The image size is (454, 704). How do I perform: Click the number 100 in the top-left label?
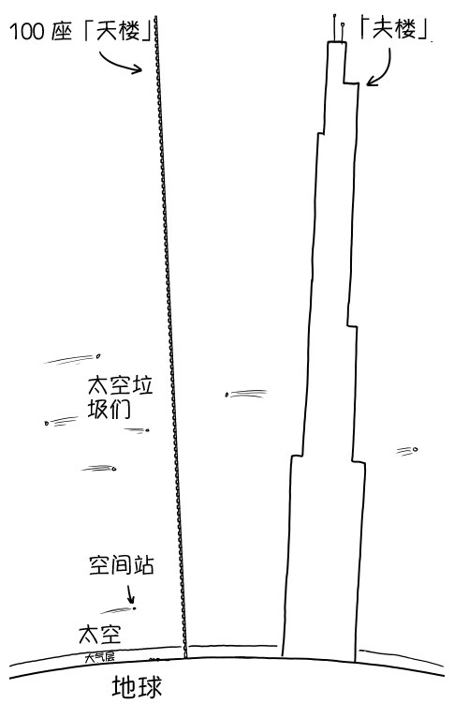pos(26,32)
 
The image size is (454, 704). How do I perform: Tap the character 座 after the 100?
pos(62,32)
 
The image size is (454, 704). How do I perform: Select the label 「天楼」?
pos(117,31)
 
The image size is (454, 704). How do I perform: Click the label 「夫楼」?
pos(393,28)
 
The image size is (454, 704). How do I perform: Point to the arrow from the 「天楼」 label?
pos(117,64)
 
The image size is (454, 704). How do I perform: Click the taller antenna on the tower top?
pos(334,28)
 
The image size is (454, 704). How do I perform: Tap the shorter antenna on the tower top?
pos(343,32)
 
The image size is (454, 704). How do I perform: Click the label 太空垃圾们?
pos(120,397)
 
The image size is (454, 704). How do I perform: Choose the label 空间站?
pos(122,565)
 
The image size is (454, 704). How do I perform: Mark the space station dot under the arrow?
pos(134,608)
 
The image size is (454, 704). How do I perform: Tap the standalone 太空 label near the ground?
pos(100,634)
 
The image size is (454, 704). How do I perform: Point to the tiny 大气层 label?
pos(99,657)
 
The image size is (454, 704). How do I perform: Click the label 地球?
pos(137,686)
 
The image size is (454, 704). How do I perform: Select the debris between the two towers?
pos(245,394)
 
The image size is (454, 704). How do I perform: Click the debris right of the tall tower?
pos(407,451)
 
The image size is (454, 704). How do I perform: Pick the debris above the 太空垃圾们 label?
pos(72,359)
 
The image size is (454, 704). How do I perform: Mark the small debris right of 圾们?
pos(137,430)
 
